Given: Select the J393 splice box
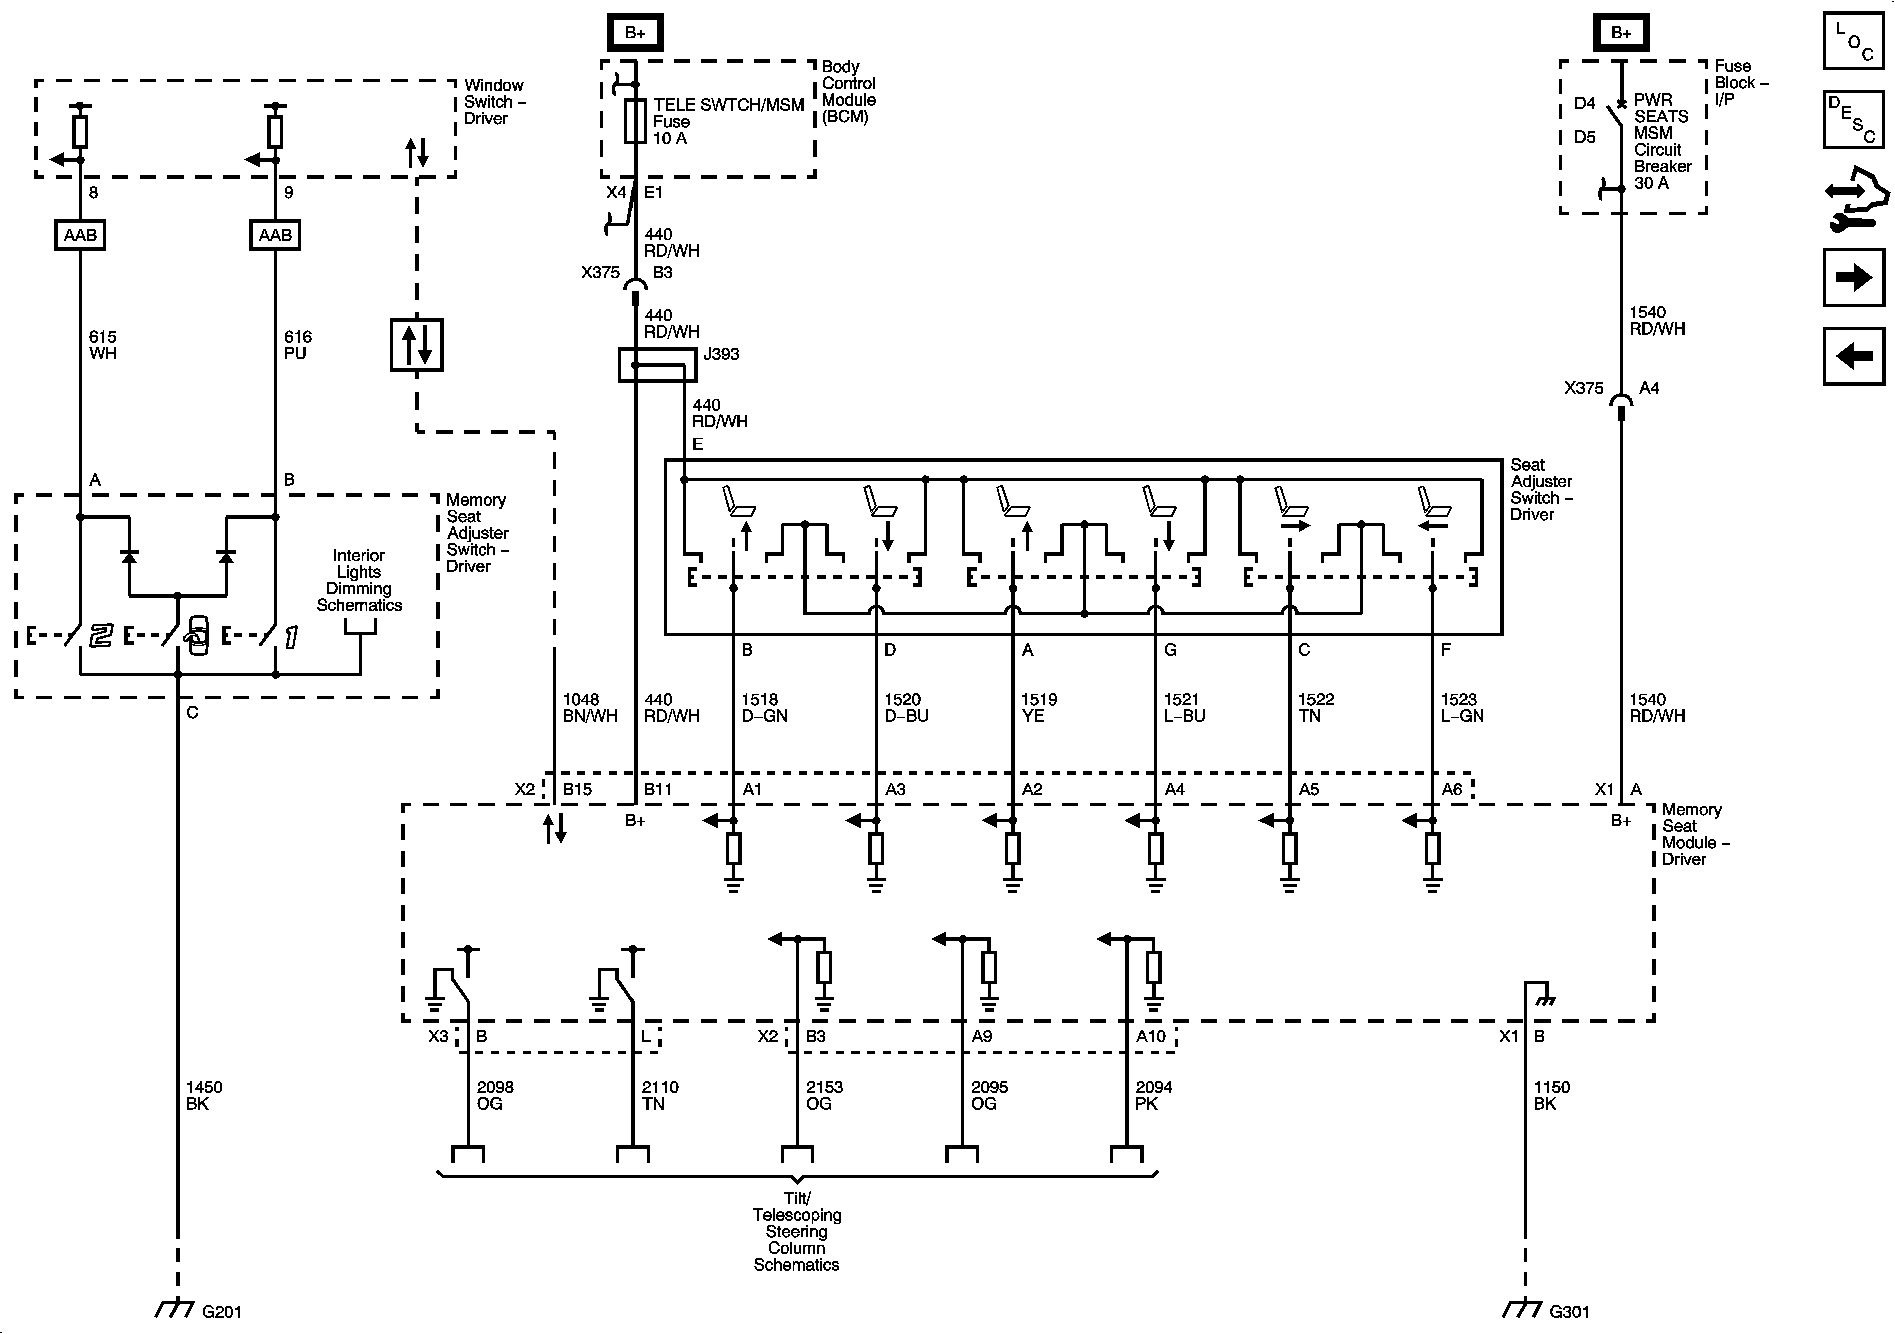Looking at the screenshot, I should tap(657, 364).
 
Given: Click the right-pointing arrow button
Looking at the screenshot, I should tap(1854, 277).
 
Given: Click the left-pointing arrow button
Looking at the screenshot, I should tap(1854, 356).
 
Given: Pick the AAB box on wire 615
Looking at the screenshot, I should tap(80, 235).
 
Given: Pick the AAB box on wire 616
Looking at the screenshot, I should tap(275, 235).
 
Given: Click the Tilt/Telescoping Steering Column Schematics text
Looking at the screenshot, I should tap(796, 1231).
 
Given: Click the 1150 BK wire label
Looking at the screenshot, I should tap(1551, 1096).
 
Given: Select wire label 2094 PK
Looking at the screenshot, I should tap(1153, 1096).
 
